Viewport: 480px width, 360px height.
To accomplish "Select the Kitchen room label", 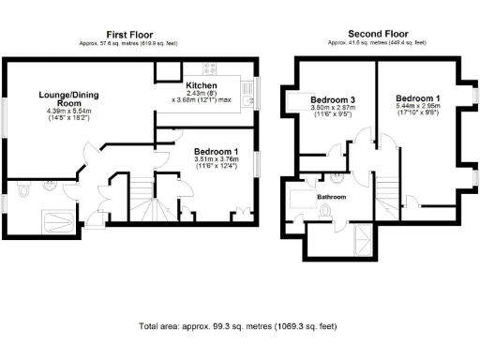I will (x=202, y=85).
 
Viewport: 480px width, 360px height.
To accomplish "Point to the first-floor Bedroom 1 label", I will (x=216, y=151).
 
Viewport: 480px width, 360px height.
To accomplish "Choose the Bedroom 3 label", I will (x=333, y=100).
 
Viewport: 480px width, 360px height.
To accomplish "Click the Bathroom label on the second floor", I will (x=330, y=198).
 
